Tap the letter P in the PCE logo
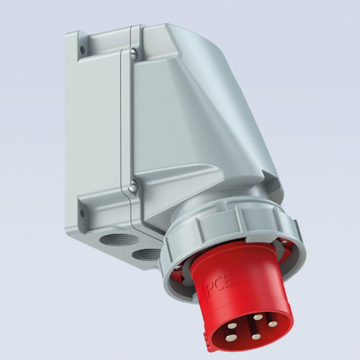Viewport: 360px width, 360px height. [x=210, y=285]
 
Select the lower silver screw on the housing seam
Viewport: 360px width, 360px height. [x=132, y=185]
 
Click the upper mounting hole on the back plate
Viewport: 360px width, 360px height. [x=83, y=50]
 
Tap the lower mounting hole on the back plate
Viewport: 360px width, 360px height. [x=83, y=212]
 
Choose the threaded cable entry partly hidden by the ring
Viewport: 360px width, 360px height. [x=145, y=256]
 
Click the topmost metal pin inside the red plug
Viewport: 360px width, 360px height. [x=258, y=318]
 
